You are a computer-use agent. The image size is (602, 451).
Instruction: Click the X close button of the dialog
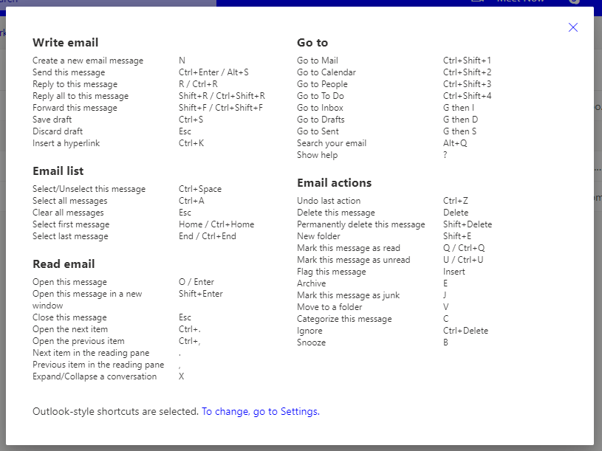point(573,27)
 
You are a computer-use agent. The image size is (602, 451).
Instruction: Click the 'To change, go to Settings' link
point(260,411)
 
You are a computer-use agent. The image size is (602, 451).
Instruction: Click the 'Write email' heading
point(65,43)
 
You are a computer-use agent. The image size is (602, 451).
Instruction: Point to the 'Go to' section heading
point(312,43)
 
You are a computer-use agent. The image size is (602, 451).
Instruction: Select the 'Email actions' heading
point(334,183)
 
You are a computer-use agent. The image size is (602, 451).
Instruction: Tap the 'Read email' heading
point(64,264)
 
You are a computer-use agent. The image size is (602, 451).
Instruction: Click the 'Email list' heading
point(58,171)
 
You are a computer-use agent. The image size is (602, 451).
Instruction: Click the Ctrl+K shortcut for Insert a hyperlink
point(191,143)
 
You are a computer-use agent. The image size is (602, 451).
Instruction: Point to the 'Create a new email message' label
point(88,61)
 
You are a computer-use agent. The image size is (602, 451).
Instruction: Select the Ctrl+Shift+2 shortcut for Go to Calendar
point(467,72)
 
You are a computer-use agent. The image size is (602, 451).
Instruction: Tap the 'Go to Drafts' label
point(320,120)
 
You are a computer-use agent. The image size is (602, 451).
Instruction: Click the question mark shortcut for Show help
point(445,155)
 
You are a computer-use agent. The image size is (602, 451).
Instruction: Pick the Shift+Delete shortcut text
point(467,224)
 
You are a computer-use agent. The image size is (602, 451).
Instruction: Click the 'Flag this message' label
point(331,272)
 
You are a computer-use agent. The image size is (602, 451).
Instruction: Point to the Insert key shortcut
point(454,272)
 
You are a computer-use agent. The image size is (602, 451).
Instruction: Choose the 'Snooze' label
point(311,342)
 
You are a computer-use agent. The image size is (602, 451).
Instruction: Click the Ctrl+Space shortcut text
point(199,189)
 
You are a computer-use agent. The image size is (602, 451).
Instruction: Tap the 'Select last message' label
point(70,236)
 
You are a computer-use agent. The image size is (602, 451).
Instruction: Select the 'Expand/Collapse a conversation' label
point(95,376)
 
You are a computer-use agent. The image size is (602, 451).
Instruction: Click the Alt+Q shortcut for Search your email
point(455,143)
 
